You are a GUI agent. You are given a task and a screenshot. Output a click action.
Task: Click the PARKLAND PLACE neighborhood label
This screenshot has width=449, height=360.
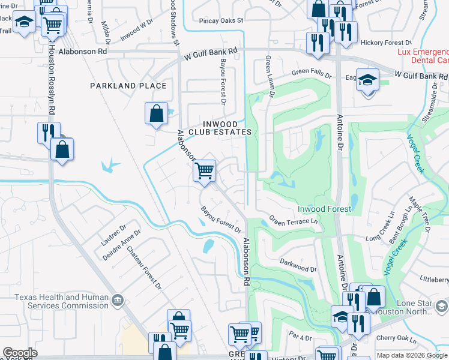pos(128,86)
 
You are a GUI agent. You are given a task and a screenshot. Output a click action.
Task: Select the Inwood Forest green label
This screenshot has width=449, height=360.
pos(325,209)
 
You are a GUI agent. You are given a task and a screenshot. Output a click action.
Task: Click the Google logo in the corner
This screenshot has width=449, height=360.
pos(20,353)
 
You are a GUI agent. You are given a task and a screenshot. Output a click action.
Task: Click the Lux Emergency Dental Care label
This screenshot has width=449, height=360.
pos(423,56)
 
